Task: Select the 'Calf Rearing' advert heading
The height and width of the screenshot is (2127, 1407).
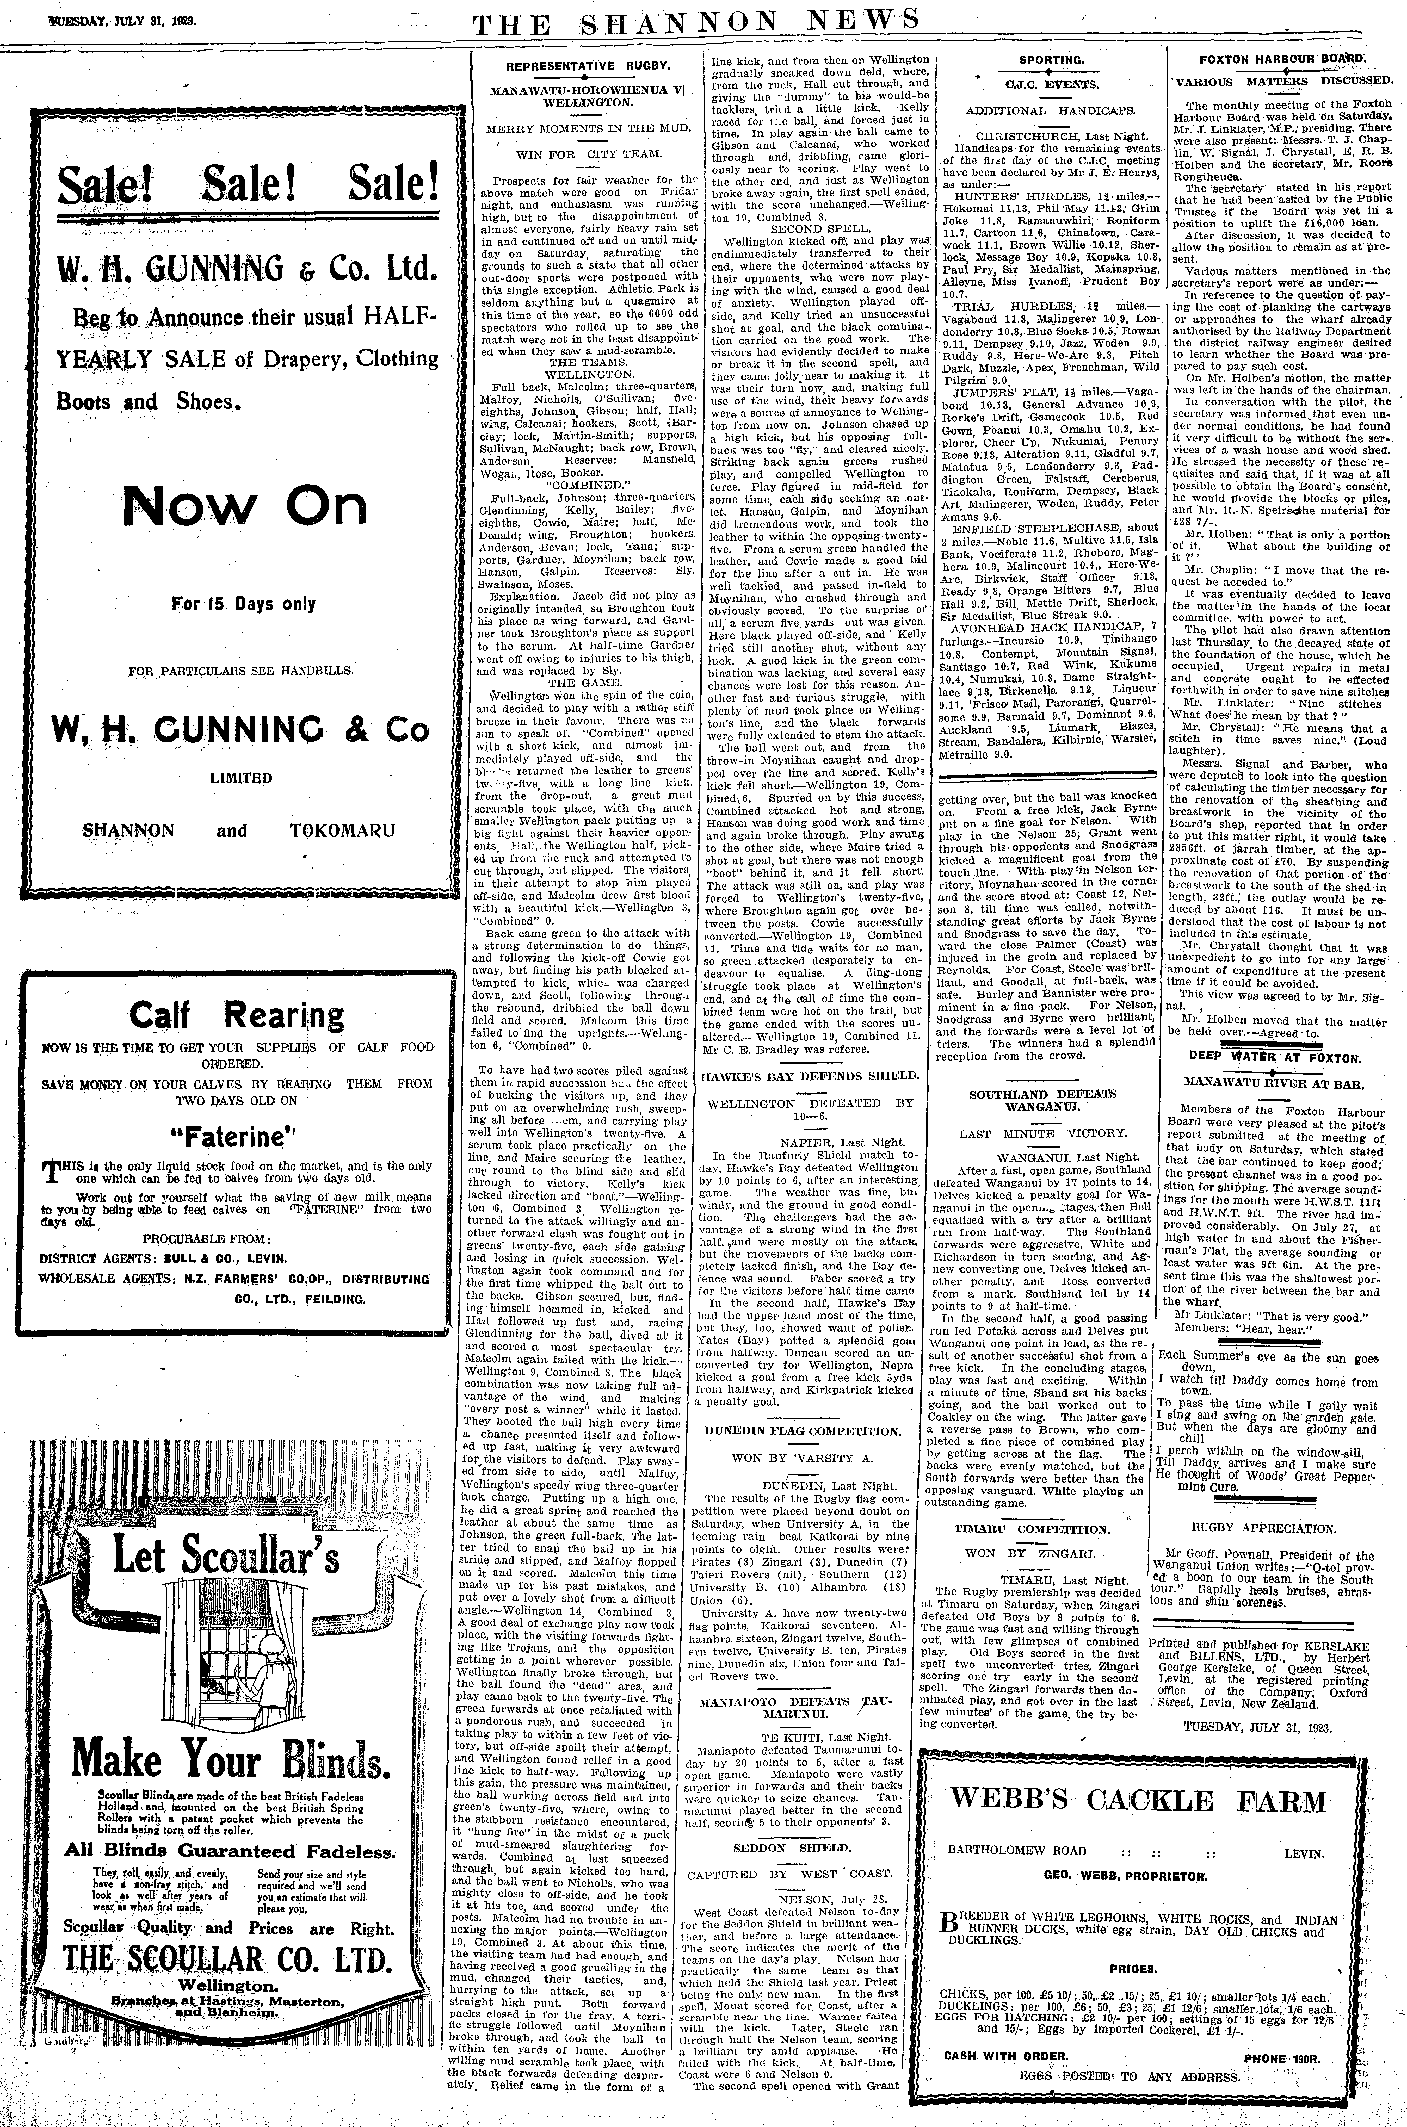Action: pyautogui.click(x=237, y=1015)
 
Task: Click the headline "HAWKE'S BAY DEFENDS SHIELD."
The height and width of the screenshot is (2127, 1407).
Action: pyautogui.click(x=809, y=1075)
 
